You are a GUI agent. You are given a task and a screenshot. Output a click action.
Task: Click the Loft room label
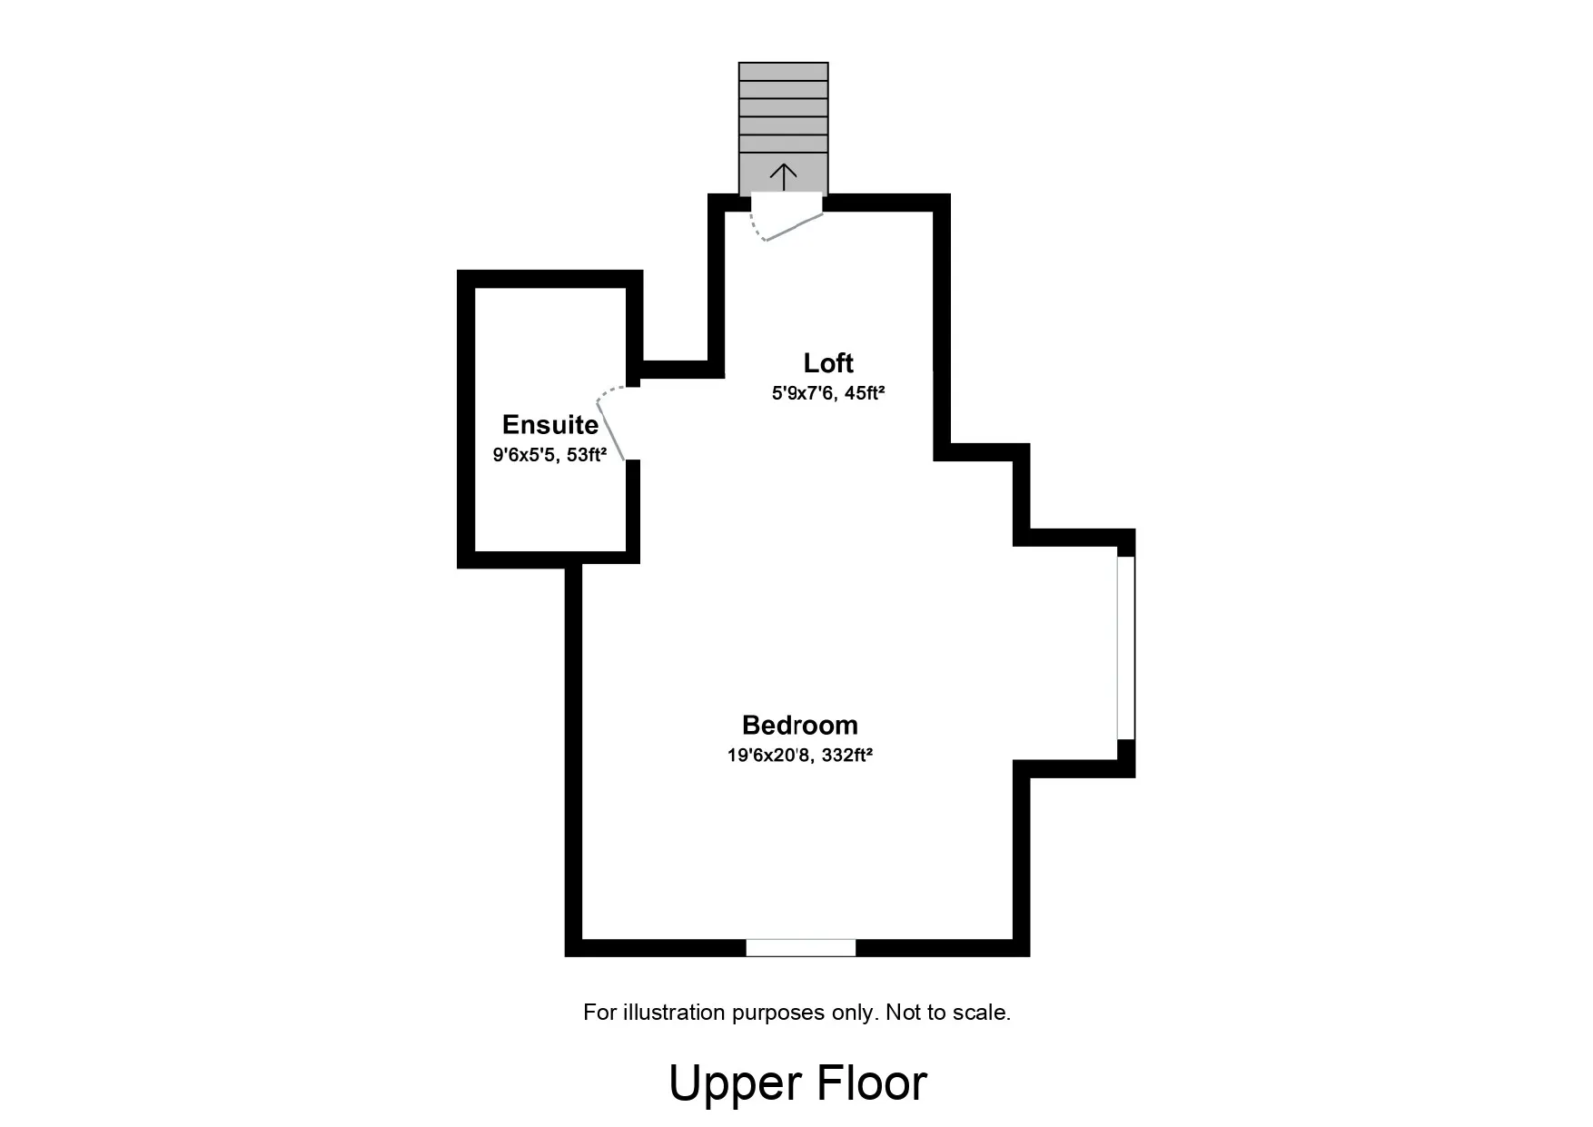pos(828,363)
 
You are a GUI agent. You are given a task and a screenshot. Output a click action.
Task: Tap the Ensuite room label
pos(550,424)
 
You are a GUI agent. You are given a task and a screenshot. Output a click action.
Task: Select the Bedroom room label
pos(800,725)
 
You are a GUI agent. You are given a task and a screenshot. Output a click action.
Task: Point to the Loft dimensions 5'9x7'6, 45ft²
pos(828,393)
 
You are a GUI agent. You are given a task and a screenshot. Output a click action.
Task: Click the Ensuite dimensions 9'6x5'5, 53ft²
pos(549,455)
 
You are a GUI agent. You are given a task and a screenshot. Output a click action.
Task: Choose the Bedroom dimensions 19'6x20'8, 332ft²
pos(800,755)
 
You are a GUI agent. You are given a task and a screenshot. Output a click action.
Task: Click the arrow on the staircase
pos(783,176)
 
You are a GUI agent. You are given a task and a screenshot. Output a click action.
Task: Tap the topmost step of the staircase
pos(783,72)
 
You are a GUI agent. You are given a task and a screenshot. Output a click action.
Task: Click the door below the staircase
pos(788,225)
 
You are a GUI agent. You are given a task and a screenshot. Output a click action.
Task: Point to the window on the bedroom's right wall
pos(1126,648)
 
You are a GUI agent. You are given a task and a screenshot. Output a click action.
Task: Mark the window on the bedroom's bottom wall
pos(801,948)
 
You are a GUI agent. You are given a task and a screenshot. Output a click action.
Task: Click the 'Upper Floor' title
pos(797,1083)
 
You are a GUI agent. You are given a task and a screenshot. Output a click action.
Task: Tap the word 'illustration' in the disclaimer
pos(674,1012)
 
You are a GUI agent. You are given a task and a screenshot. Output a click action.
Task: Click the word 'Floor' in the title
pos(872,1083)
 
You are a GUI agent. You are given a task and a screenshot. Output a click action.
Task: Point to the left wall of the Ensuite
pos(466,419)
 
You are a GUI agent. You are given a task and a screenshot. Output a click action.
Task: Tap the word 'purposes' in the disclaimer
pos(778,1013)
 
